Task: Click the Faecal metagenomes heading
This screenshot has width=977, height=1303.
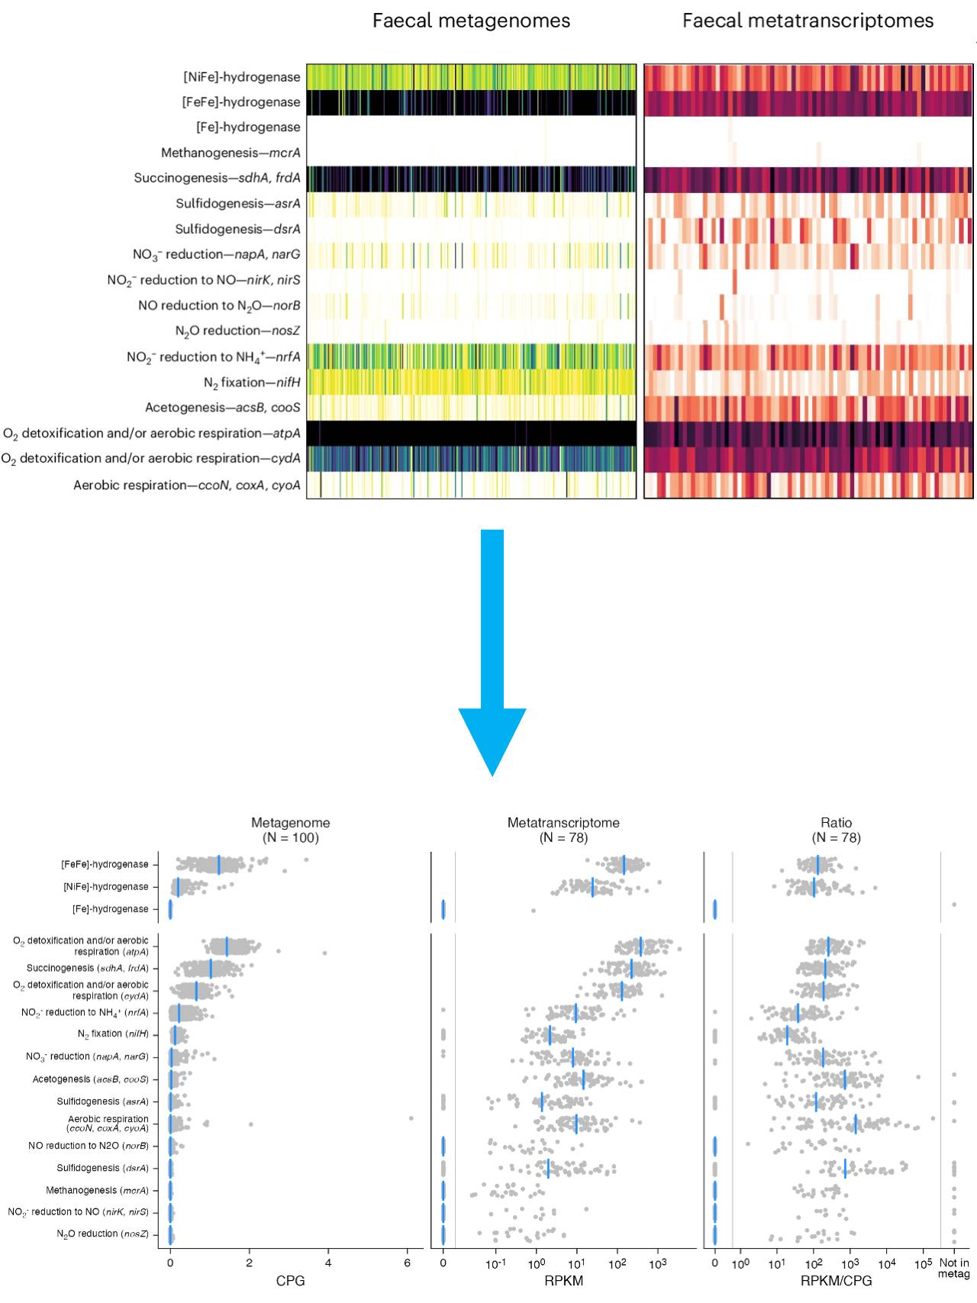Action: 471,21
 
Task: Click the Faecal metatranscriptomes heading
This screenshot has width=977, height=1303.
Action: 808,21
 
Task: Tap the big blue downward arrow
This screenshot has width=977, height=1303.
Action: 492,649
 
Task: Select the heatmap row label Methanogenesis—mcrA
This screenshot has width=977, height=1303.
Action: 231,153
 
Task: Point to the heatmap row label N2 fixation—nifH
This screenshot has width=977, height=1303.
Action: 252,382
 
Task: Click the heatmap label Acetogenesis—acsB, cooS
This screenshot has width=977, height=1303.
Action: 223,408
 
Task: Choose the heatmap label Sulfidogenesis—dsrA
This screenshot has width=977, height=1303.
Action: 237,229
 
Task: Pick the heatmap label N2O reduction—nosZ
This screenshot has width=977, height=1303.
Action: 237,331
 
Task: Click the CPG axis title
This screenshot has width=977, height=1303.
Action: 290,1281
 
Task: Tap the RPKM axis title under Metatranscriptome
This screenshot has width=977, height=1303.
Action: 563,1281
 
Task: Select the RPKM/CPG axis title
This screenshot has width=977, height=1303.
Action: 836,1281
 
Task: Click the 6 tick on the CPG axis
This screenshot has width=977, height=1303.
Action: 408,1263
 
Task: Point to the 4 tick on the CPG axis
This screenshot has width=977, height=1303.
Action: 328,1263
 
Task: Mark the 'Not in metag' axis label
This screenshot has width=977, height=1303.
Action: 953,1268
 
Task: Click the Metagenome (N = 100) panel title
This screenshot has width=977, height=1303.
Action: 291,830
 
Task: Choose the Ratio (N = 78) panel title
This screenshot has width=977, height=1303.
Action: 836,830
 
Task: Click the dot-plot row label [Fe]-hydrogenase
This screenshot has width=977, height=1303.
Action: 111,909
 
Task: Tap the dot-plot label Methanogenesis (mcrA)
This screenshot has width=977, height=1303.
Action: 97,1190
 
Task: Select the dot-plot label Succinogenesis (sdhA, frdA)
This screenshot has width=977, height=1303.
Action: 88,968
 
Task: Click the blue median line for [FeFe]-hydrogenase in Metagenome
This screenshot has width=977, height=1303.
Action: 219,865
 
